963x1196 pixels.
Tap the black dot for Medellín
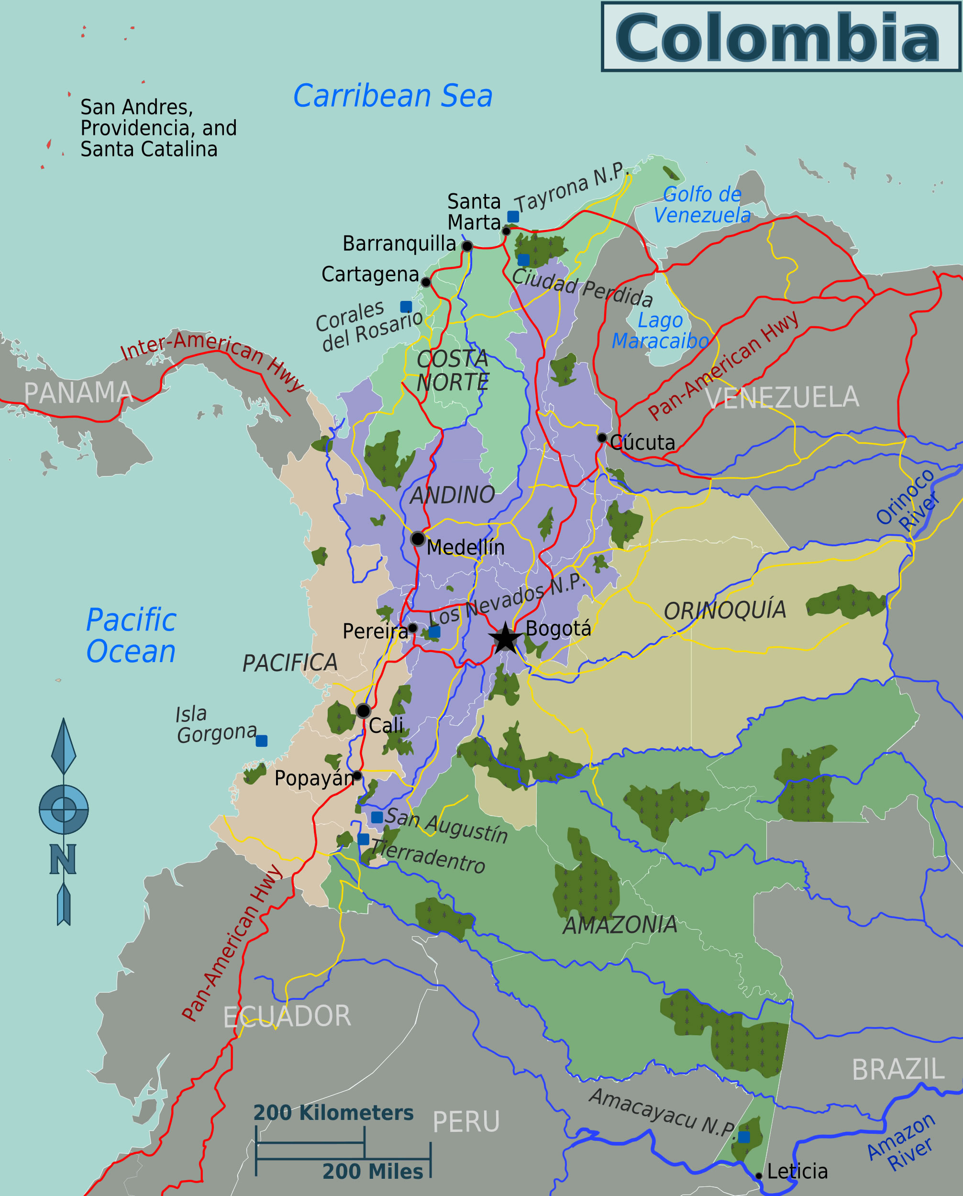point(418,539)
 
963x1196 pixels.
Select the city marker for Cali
point(364,710)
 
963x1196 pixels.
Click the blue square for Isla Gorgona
point(262,741)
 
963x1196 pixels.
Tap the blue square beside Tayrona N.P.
point(513,216)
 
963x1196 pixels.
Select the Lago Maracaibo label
point(660,331)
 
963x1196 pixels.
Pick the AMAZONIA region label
point(620,925)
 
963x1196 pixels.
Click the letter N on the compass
point(63,859)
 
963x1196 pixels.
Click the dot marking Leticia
point(759,1175)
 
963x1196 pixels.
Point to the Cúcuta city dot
point(602,438)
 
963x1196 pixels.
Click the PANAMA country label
point(77,393)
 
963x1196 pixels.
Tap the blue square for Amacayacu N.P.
point(744,1137)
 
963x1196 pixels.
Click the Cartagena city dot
point(425,282)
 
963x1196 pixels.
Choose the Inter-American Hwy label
point(211,359)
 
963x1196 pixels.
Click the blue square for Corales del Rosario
point(406,307)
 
